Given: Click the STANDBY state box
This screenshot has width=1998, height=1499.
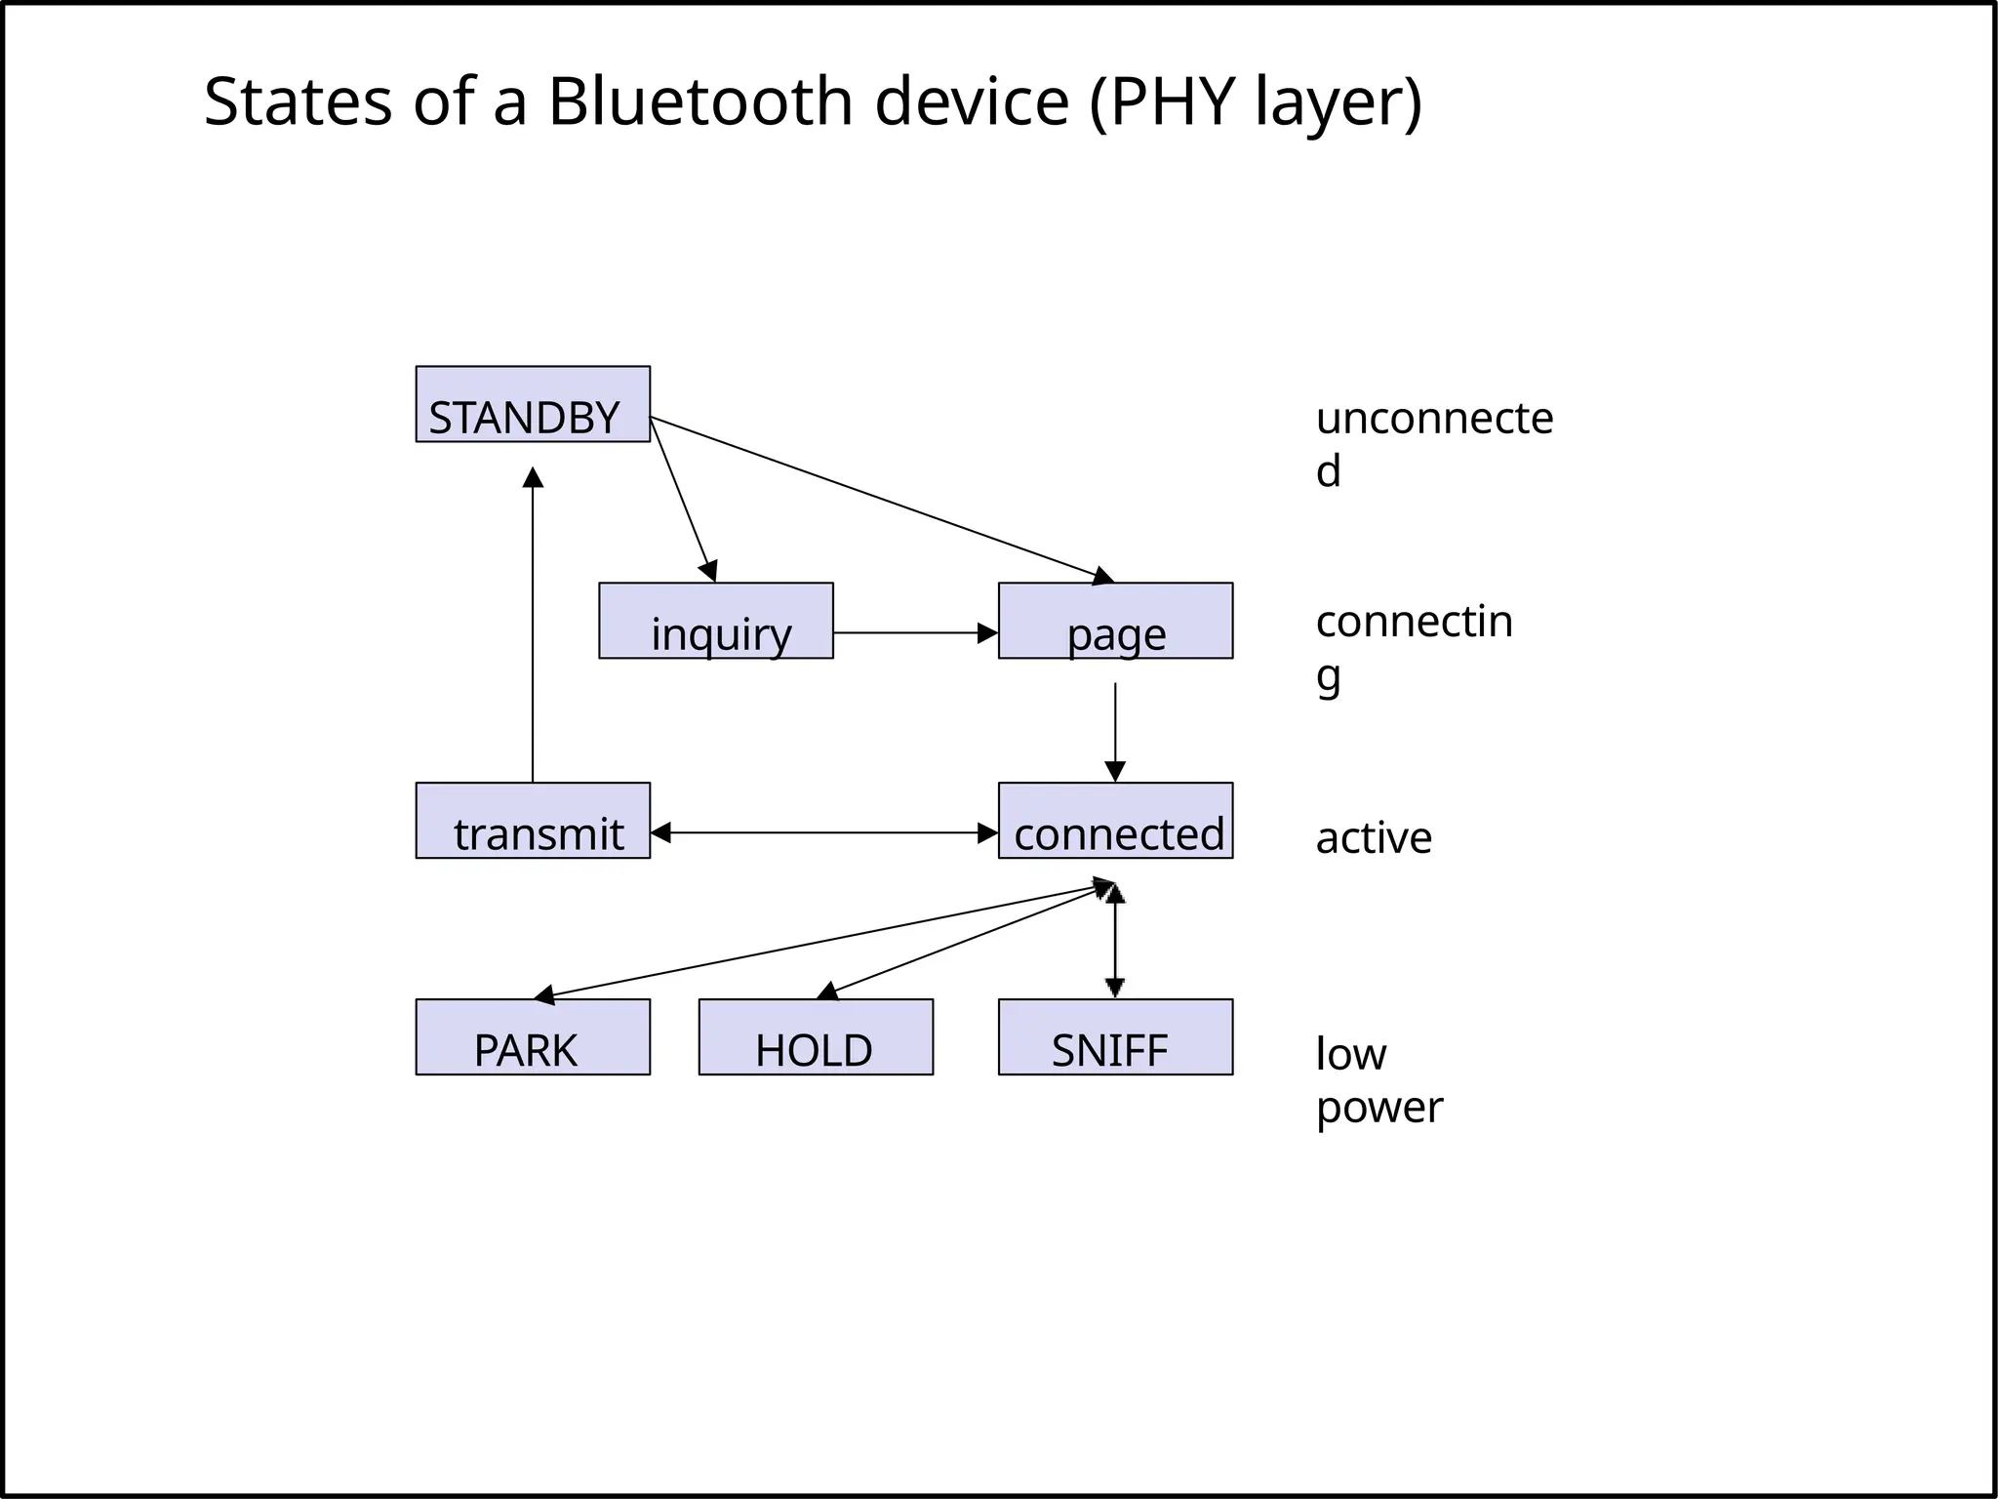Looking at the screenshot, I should click(533, 404).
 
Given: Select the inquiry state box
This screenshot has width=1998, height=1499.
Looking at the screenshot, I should click(715, 621).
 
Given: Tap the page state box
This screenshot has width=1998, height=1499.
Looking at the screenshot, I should click(1115, 621).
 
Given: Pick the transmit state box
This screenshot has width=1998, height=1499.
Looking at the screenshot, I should click(533, 821).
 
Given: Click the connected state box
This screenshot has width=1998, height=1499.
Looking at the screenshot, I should click(1115, 821).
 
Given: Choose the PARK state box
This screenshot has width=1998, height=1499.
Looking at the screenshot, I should click(533, 1036).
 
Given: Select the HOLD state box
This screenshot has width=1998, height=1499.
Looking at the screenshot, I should click(816, 1036).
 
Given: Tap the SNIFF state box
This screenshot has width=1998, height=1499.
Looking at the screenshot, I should click(1115, 1036).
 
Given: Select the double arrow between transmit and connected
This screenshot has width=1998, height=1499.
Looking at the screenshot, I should click(824, 832).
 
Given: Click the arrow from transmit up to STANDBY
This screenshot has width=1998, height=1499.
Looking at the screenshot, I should click(533, 625).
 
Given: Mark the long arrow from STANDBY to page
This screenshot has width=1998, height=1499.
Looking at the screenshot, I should click(878, 496).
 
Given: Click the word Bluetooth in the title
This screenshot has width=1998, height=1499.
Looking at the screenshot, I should click(699, 101).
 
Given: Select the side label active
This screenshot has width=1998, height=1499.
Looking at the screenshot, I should click(1374, 838).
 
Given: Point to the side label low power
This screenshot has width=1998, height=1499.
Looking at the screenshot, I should click(1378, 1080).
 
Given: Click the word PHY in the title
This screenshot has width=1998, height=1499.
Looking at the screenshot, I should click(1175, 101).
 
